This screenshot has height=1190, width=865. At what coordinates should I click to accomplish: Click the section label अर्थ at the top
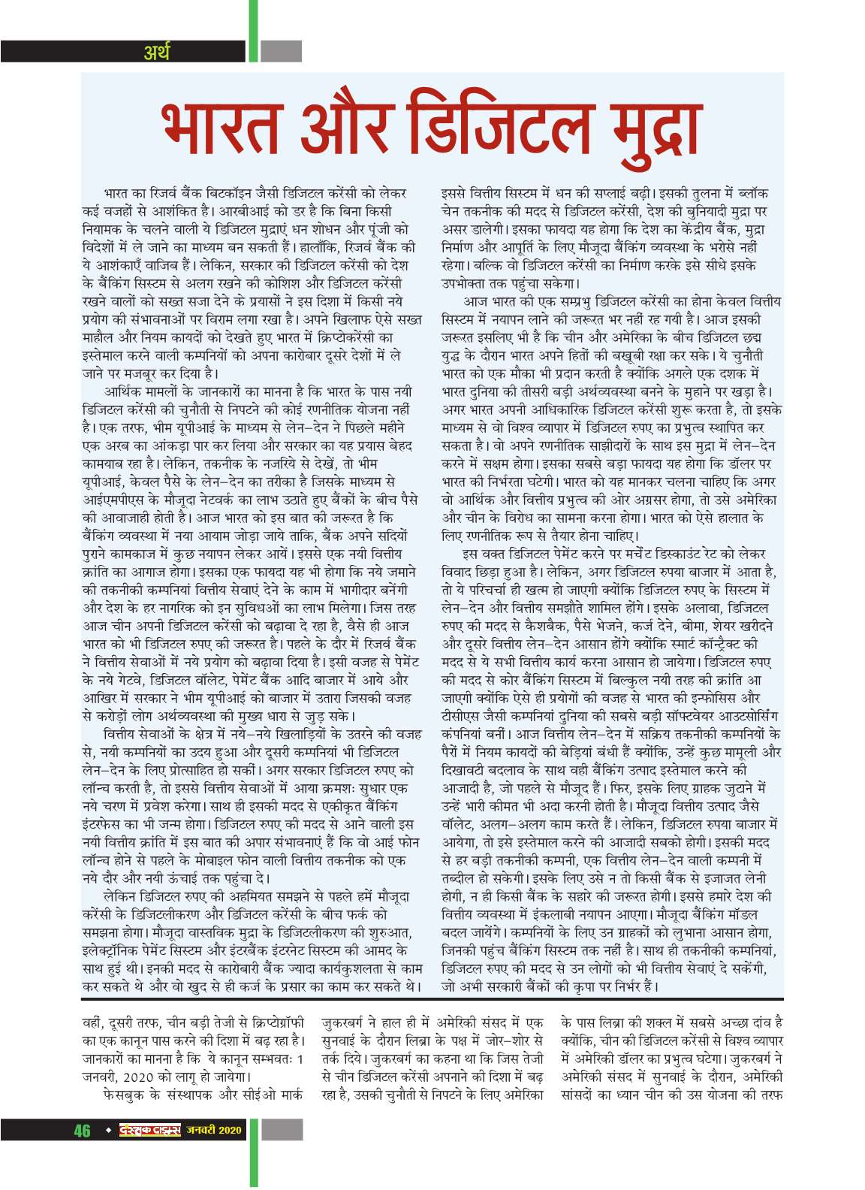point(157,52)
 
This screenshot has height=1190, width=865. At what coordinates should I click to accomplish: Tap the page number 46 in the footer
point(82,1130)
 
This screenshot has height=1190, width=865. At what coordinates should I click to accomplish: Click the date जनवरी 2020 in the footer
point(215,1130)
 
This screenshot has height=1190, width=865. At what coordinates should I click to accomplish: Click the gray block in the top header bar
point(282,51)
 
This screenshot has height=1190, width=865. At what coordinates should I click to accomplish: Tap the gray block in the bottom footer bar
point(282,1130)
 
